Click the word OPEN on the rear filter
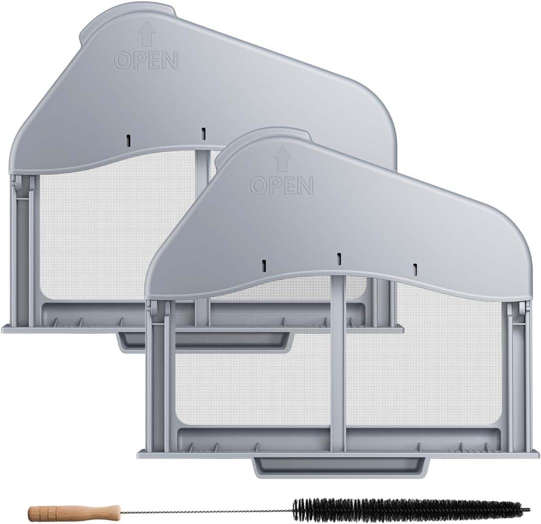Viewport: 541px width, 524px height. pos(146,60)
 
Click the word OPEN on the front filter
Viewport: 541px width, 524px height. pos(281,186)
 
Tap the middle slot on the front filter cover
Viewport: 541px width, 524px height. pos(339,259)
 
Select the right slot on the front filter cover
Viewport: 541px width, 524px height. pos(415,269)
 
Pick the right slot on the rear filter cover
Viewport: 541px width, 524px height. pos(203,133)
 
